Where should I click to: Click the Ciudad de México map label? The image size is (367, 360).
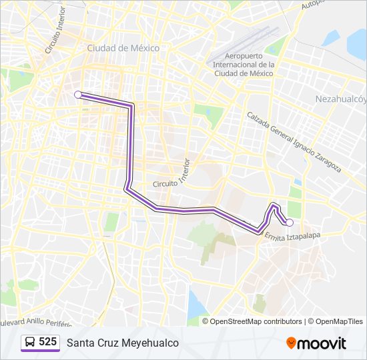tap(123, 48)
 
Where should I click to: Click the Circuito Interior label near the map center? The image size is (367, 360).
tap(172, 175)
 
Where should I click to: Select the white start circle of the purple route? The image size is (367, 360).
tap(78, 95)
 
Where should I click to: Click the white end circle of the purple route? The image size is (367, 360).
tap(290, 223)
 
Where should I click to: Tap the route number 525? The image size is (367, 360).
tap(48, 342)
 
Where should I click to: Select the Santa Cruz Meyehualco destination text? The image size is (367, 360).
tap(122, 343)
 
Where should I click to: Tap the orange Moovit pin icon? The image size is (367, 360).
tap(292, 343)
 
